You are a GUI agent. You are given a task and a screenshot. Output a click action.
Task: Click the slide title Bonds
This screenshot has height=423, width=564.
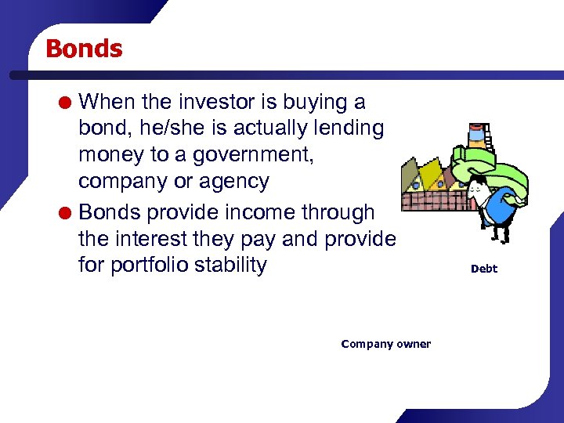[84, 49]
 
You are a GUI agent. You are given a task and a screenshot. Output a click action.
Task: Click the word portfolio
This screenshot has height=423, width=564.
[156, 265]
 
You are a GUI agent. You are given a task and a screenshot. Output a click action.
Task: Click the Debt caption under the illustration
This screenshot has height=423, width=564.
[483, 269]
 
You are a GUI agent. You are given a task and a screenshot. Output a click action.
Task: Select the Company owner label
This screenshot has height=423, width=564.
[385, 344]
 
